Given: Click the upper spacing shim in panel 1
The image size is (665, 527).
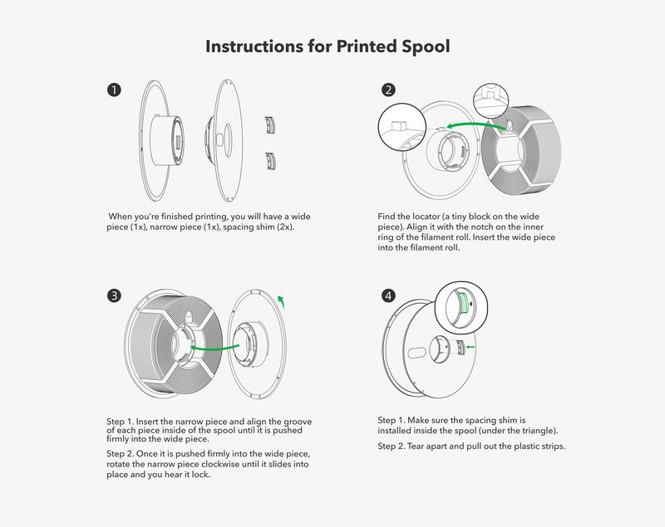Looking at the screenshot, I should point(268,124).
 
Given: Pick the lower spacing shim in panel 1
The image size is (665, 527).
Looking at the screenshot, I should point(268,159).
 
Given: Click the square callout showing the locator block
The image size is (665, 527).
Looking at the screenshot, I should point(397,129).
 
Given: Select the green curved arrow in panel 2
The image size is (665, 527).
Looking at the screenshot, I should point(474,124).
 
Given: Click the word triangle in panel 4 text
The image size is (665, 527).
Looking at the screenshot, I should point(533,431).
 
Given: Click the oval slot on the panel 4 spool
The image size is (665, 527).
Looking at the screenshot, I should point(418,352).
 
